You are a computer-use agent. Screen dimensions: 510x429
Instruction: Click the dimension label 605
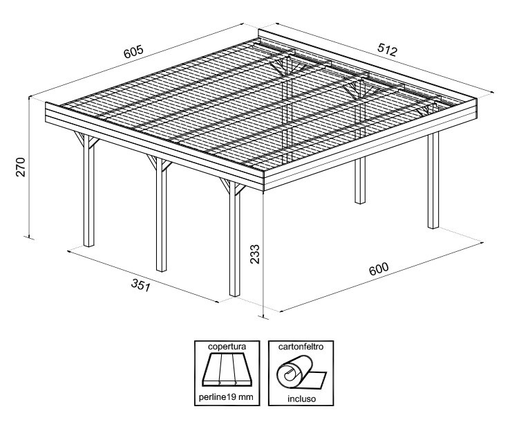click(x=133, y=51)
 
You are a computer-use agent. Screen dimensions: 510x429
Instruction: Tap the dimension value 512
click(x=388, y=50)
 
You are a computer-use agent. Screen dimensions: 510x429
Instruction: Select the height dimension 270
click(x=21, y=167)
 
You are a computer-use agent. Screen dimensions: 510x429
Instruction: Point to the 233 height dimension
click(x=255, y=254)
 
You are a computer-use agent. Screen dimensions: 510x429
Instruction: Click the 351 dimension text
click(x=141, y=286)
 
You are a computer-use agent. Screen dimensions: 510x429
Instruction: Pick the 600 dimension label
click(x=379, y=268)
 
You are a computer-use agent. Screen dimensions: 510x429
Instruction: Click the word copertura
click(x=227, y=346)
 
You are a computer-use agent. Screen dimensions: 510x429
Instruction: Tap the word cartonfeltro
click(x=301, y=346)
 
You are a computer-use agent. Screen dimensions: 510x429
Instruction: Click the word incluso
click(x=301, y=399)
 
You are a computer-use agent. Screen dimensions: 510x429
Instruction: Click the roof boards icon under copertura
click(x=227, y=369)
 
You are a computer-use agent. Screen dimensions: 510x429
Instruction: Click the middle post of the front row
click(x=161, y=214)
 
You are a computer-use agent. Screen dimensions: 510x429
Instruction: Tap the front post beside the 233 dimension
click(x=234, y=239)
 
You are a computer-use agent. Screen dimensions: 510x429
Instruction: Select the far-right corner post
click(x=433, y=180)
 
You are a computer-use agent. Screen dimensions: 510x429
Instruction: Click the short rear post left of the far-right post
click(x=360, y=181)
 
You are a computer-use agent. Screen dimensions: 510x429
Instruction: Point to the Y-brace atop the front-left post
click(x=86, y=140)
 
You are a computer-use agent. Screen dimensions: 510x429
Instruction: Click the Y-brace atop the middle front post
click(x=159, y=163)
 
